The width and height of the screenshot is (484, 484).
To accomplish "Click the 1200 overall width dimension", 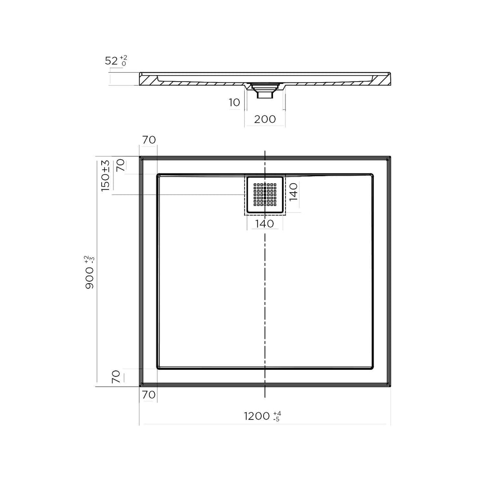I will point(257,416).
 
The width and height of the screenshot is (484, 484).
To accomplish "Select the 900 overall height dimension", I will point(90,278).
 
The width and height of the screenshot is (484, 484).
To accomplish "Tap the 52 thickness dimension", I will point(111,61).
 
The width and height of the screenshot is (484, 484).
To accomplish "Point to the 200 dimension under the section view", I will point(265,119).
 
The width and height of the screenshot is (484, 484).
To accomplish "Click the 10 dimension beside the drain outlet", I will point(234,103).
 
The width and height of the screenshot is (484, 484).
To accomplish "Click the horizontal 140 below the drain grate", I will point(265,223).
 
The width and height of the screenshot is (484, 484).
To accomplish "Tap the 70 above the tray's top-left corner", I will point(149,140).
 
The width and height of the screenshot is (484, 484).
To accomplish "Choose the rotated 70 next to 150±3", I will point(120,166).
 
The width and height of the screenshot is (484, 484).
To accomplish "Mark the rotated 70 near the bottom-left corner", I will point(116,376).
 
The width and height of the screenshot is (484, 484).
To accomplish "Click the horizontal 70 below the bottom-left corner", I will point(149,394).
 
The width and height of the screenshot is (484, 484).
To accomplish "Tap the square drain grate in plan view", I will point(265,194).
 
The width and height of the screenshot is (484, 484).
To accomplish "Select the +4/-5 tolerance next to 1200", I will point(277,416).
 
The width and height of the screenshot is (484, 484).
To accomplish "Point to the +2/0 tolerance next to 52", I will point(123,60).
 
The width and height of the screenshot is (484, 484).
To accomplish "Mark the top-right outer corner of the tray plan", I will point(390,157).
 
